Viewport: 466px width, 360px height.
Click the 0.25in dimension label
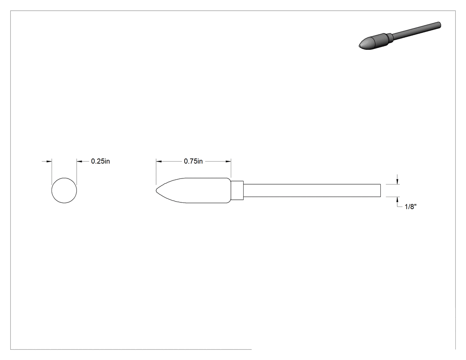click(100, 161)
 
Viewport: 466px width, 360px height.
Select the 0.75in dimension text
click(193, 161)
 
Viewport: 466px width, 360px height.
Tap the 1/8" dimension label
click(411, 206)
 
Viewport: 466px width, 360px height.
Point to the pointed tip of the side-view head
click(156, 190)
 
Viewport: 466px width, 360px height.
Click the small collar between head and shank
click(237, 190)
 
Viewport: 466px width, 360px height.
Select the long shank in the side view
click(312, 190)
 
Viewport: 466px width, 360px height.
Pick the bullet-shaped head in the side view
click(194, 190)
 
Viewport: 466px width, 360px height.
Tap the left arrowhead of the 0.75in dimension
click(159, 162)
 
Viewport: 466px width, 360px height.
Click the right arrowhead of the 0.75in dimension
click(228, 162)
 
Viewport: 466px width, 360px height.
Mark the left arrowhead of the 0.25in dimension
click(49, 162)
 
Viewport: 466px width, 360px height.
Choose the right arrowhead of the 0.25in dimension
click(79, 162)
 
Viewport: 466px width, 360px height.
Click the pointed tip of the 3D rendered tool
click(359, 46)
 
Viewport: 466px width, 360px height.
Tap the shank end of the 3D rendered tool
click(439, 25)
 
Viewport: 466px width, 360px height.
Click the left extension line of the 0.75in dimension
click(156, 172)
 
